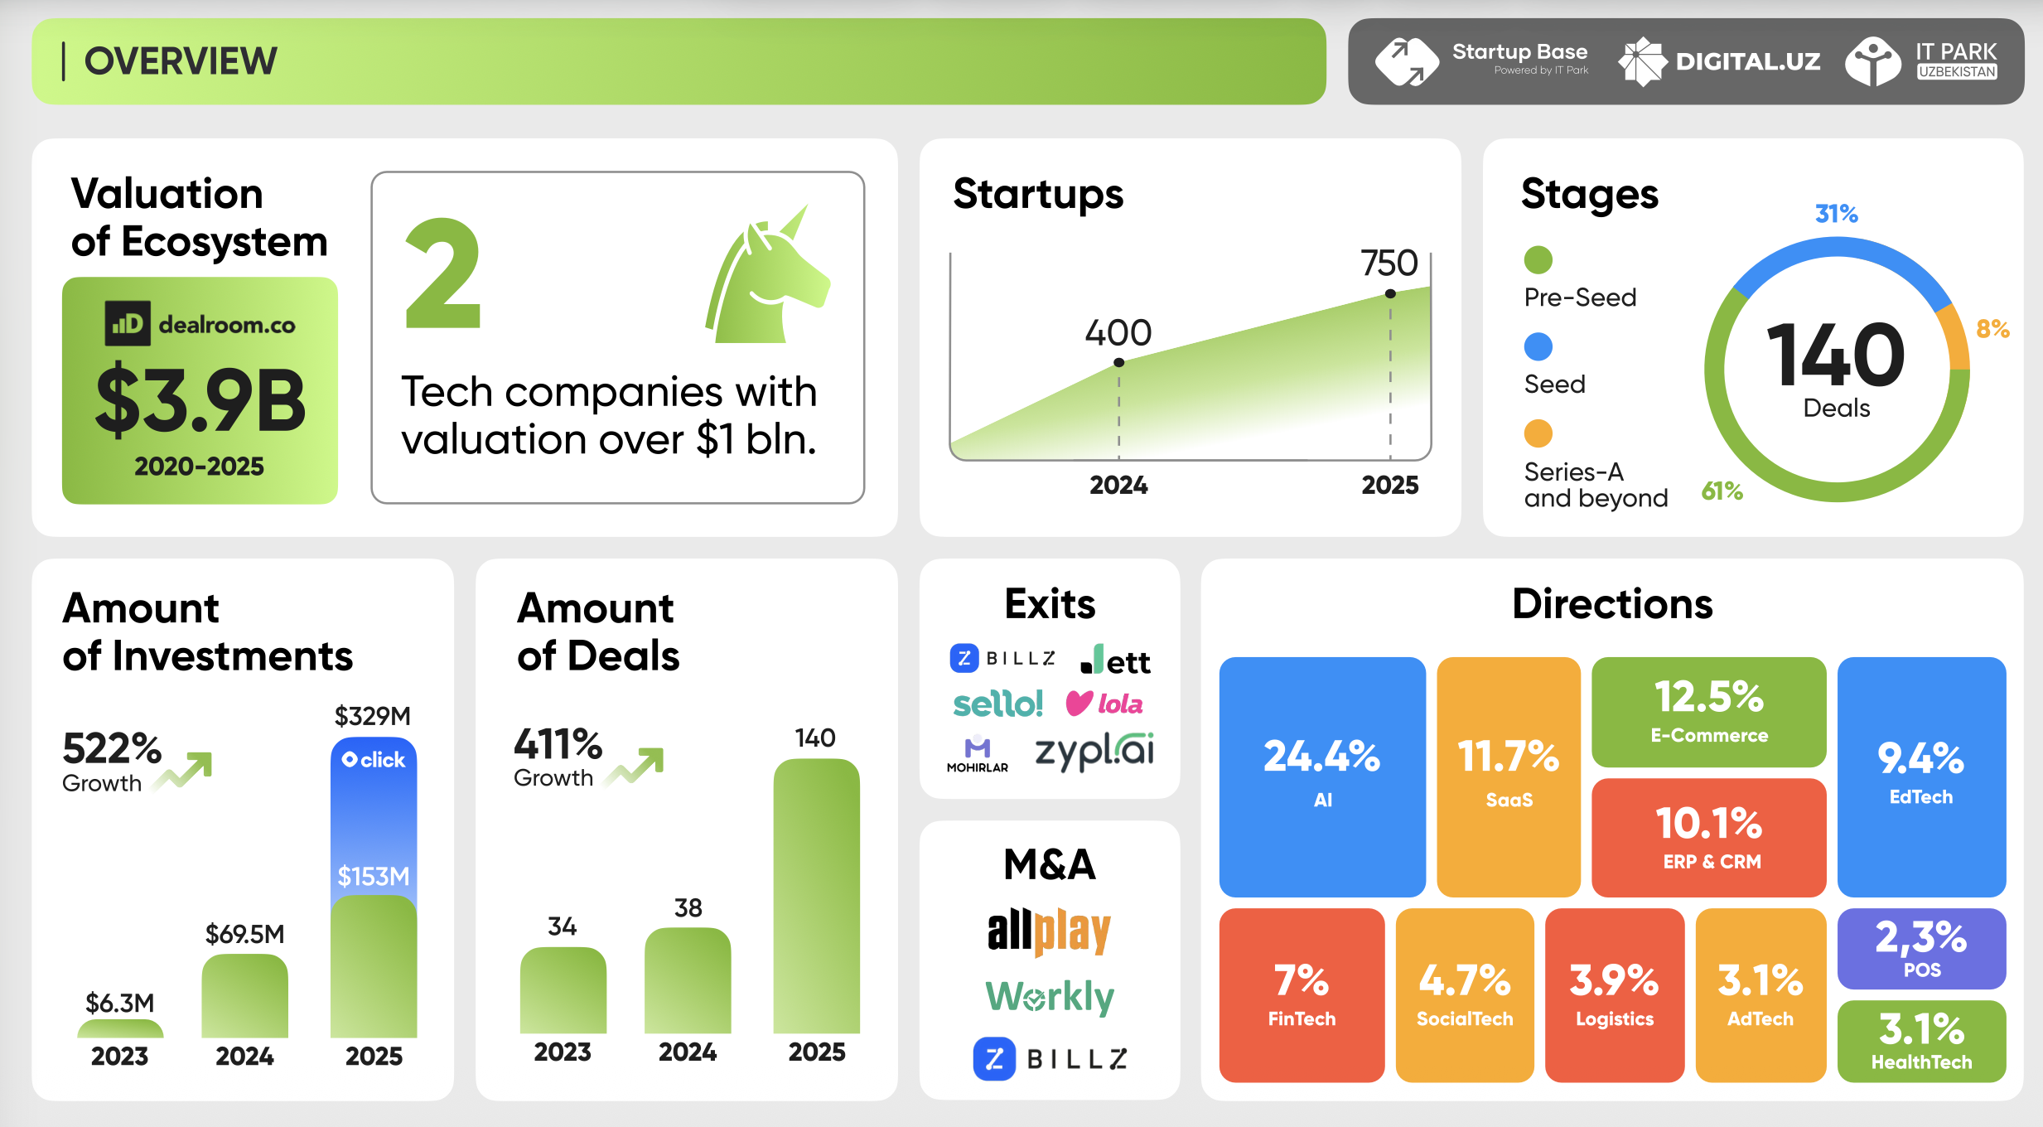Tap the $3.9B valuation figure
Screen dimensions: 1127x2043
pos(200,400)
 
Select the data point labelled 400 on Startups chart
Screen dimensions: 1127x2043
pos(1118,362)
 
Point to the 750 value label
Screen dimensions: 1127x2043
pos(1389,264)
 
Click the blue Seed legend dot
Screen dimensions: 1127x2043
pos(1538,346)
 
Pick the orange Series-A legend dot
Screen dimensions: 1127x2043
pos(1538,433)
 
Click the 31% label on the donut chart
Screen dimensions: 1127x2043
pos(1836,214)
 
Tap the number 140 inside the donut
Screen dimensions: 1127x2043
pos(1836,356)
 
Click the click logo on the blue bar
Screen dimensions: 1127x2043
pos(374,760)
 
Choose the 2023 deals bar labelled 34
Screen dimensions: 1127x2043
pos(563,990)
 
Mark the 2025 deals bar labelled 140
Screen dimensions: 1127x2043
pos(816,895)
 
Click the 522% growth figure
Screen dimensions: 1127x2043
pos(112,749)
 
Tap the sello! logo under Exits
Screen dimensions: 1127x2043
pos(997,704)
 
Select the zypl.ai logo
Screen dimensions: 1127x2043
pos(1094,751)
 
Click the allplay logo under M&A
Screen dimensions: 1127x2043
pos(1049,931)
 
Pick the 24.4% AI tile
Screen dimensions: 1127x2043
pos(1321,776)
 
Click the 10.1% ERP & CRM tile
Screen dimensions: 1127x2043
pos(1708,838)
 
